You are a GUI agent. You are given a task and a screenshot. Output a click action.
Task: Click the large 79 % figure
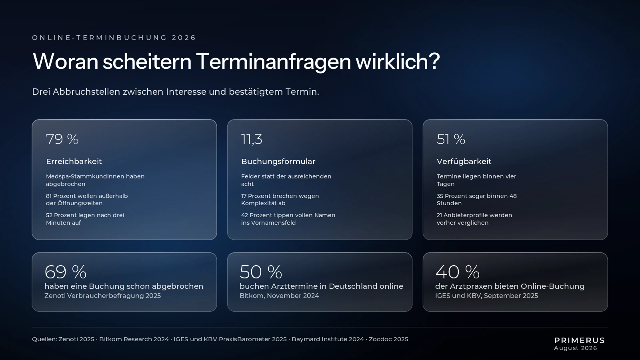click(62, 139)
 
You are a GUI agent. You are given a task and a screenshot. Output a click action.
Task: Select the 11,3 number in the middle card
click(252, 140)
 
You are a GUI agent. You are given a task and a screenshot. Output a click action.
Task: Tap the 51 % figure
click(451, 139)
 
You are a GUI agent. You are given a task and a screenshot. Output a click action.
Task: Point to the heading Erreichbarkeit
click(74, 162)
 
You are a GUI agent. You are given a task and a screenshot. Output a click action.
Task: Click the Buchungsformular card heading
click(278, 162)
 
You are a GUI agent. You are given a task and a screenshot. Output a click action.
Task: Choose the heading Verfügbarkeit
click(464, 162)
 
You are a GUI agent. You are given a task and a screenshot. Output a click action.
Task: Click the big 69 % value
click(66, 272)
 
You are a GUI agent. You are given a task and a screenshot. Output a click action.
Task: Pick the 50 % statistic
click(261, 272)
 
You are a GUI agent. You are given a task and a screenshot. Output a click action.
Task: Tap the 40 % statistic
click(458, 272)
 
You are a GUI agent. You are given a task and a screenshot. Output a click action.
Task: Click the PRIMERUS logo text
click(580, 340)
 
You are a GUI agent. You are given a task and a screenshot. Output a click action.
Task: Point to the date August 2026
click(576, 348)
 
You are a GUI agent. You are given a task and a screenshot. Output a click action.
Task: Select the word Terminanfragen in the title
click(274, 62)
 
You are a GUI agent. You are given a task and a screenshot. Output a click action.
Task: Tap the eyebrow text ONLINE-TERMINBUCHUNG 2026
click(114, 38)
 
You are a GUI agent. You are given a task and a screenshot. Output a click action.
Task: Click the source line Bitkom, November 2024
click(279, 296)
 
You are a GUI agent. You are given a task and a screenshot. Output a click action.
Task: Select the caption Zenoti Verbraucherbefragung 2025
click(102, 296)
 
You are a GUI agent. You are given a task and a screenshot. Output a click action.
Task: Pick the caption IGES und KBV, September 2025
click(486, 296)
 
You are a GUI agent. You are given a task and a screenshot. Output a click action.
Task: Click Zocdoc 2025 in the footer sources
click(388, 339)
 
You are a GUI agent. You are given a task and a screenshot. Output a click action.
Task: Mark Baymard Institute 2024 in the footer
click(328, 339)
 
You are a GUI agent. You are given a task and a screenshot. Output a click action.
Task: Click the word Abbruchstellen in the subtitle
click(86, 92)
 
